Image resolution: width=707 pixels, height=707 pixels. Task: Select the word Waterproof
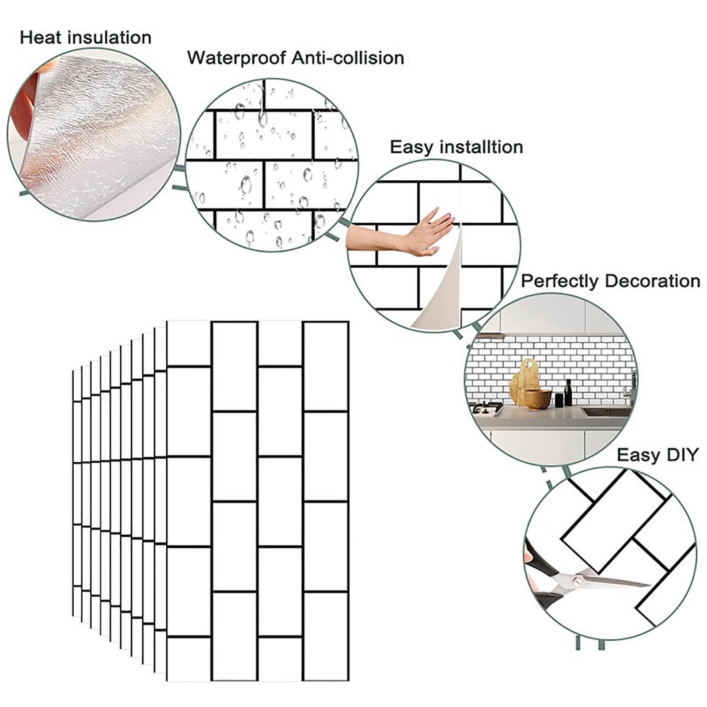click(x=236, y=58)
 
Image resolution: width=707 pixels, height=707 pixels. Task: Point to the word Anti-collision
click(x=347, y=58)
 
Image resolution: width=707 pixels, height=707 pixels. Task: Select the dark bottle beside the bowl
click(x=568, y=393)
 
